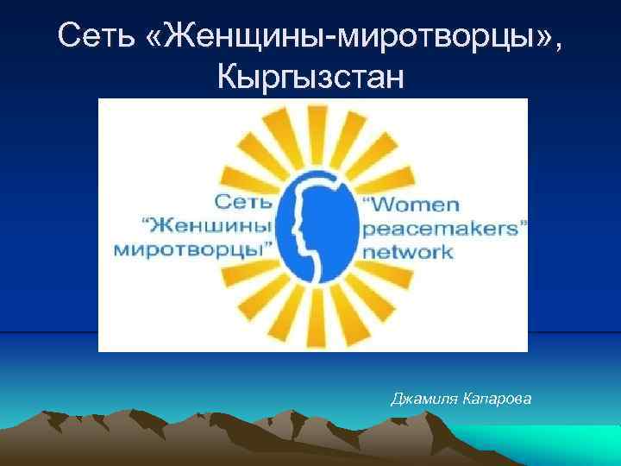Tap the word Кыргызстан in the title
point(310,79)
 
